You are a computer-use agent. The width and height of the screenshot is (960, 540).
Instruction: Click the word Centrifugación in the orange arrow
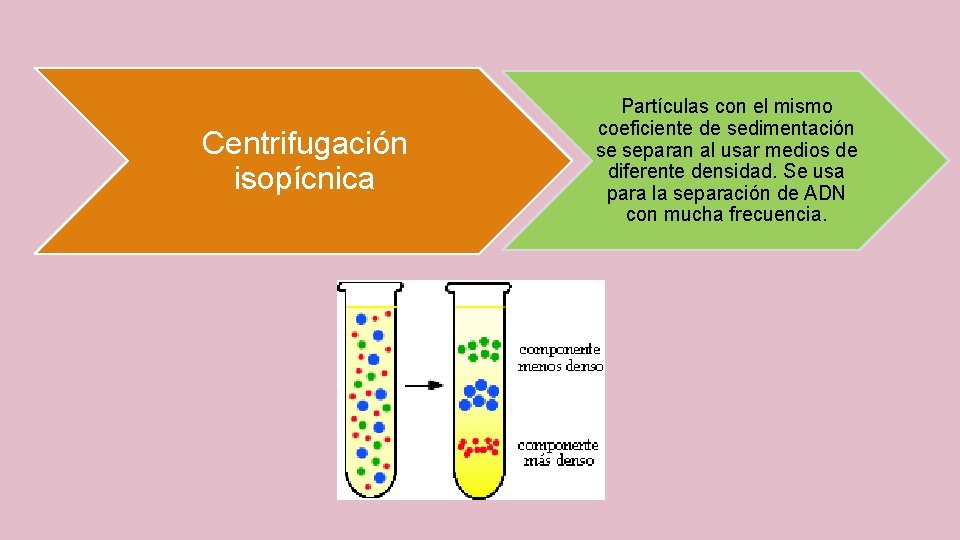304,144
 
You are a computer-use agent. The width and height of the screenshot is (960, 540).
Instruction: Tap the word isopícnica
304,179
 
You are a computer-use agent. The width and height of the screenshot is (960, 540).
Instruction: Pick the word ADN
819,193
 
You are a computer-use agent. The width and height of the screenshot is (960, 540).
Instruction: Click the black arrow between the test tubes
424,385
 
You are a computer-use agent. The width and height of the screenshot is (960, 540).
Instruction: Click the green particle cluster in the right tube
479,348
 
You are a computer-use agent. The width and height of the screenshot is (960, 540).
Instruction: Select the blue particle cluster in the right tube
478,395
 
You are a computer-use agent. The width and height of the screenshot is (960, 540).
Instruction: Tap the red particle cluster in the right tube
477,446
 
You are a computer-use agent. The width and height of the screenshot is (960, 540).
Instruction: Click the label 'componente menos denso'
559,358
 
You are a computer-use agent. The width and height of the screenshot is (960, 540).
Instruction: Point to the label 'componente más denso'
557,452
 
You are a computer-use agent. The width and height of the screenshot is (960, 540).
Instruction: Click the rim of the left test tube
369,286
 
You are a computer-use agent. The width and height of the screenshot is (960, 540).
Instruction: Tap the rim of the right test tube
478,286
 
